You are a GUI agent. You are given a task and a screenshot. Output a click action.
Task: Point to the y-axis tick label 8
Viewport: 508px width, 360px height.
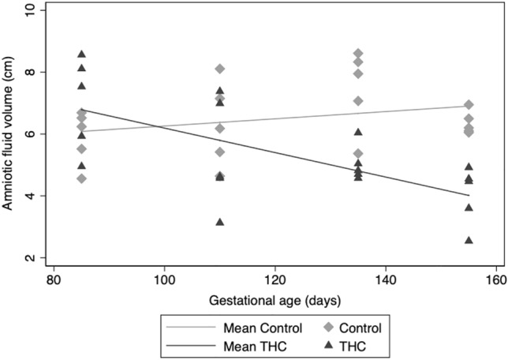(31, 72)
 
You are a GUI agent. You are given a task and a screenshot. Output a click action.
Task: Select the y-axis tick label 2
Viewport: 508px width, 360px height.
(31, 258)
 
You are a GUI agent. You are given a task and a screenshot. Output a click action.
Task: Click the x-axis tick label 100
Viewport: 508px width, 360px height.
(164, 281)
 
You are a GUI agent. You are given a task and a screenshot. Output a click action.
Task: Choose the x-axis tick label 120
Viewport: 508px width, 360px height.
(275, 281)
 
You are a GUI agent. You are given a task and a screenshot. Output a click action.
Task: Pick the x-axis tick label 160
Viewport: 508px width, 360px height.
(496, 281)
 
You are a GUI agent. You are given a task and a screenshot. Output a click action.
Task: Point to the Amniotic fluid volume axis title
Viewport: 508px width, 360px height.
(10, 134)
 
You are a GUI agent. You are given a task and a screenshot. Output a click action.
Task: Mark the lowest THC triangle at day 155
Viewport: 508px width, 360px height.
(469, 240)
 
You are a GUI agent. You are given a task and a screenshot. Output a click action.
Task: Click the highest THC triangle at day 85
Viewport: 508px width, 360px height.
(81, 54)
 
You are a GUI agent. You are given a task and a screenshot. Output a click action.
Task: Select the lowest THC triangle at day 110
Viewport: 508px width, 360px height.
(220, 222)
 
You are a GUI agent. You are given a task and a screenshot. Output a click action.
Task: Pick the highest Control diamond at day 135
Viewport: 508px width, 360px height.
(358, 53)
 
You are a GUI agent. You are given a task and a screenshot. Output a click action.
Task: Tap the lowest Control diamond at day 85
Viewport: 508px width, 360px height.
(81, 178)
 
